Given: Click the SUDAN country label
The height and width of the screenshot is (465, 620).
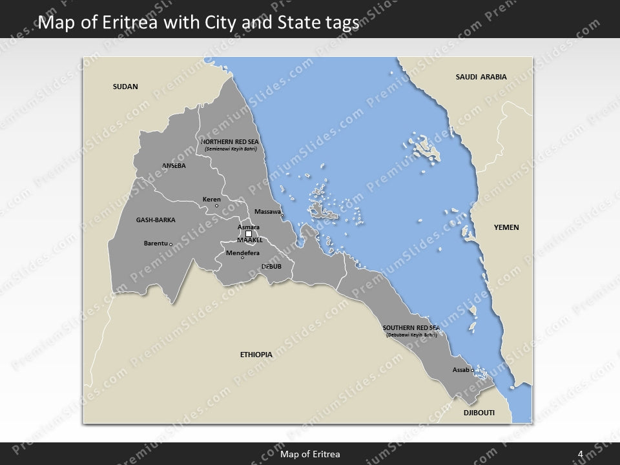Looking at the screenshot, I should [x=125, y=87].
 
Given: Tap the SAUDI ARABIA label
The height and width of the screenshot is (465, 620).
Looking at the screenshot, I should [x=481, y=77].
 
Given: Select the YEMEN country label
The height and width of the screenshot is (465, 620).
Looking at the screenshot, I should [x=506, y=227].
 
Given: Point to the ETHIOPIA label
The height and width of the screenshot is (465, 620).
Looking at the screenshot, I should [x=256, y=355].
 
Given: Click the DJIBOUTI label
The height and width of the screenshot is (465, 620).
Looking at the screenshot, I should [x=479, y=411].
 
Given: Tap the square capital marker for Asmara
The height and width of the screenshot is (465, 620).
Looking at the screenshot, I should [x=249, y=234].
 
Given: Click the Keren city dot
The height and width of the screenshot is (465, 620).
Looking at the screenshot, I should [x=216, y=206].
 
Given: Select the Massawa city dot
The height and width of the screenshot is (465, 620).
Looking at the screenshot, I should [x=282, y=215].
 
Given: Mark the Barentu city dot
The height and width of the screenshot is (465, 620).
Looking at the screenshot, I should [x=170, y=244].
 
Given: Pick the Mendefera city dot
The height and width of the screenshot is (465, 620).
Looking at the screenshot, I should [x=242, y=258].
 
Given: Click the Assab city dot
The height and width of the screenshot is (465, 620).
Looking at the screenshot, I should [x=472, y=370].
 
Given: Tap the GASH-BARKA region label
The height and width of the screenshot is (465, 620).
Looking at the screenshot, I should [x=156, y=220].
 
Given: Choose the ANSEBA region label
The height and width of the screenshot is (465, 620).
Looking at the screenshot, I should [x=174, y=165].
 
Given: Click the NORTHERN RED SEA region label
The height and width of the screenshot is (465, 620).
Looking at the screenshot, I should [x=231, y=141].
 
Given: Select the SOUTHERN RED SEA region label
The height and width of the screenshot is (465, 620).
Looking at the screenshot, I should [x=411, y=328].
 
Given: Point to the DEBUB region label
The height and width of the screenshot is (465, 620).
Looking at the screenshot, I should [x=271, y=266].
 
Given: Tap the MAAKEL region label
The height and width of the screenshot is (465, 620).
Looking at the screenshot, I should [x=249, y=240].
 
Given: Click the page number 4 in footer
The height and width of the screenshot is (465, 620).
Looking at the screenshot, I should [x=580, y=454].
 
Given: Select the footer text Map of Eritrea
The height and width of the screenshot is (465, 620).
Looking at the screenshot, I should [x=310, y=454].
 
